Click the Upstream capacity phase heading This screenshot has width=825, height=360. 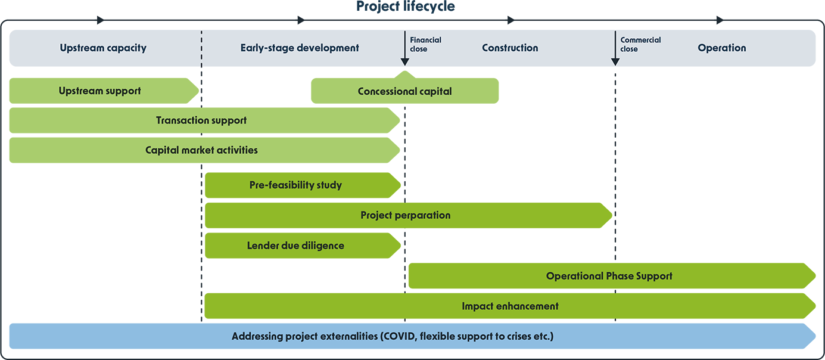[x=103, y=48]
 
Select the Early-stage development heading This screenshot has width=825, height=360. [x=300, y=48]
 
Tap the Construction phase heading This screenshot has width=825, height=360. [x=510, y=48]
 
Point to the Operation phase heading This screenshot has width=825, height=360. [x=722, y=48]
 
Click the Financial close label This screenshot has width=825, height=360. [x=425, y=44]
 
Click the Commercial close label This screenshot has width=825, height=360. [x=640, y=44]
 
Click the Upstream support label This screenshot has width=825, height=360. [x=100, y=91]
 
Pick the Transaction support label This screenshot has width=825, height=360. [x=201, y=120]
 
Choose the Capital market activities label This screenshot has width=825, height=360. [x=201, y=150]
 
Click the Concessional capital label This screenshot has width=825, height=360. [x=405, y=92]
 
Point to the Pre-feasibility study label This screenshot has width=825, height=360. [x=295, y=185]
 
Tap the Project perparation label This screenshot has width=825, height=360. [x=406, y=215]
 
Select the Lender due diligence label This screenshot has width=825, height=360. [x=295, y=246]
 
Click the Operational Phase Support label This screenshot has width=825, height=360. [x=609, y=276]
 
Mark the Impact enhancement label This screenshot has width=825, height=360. [x=510, y=306]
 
